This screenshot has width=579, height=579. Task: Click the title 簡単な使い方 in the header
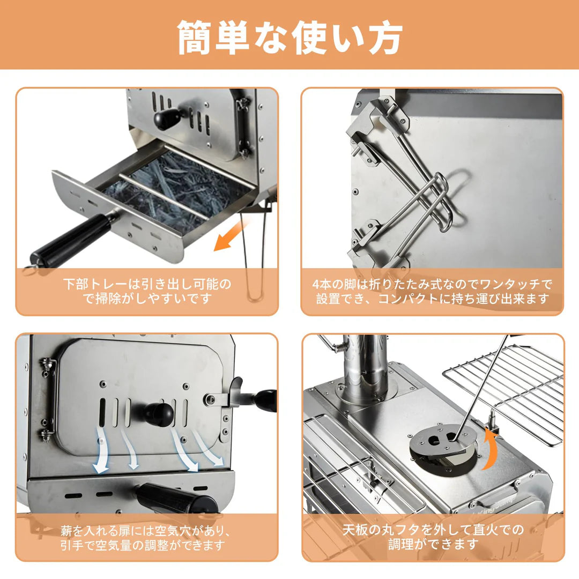pos(289,38)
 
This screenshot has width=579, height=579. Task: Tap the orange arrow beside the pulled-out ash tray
pos(225,239)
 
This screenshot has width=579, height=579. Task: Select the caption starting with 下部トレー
pos(147,291)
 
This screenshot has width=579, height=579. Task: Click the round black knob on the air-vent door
pos(159,413)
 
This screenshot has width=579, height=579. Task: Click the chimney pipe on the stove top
pos(365,370)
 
